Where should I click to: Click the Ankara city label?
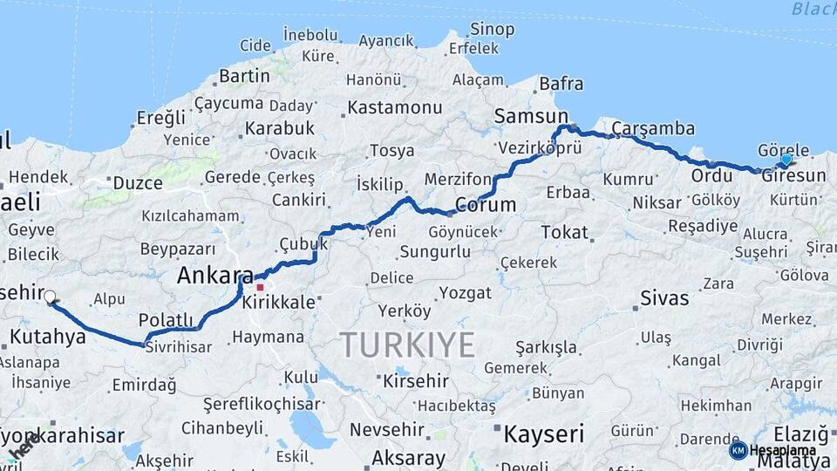coord(214,276)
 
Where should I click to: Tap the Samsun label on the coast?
coord(530,116)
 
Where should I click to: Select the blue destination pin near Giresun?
coord(786,160)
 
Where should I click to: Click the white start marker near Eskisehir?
coord(50,297)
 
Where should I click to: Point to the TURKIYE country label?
coord(407,345)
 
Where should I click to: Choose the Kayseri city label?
coord(542,433)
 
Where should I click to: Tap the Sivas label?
coord(663,298)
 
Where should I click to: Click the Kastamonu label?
coord(394,108)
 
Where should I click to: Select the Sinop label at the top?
coord(492,30)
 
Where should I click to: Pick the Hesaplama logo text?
coord(783,451)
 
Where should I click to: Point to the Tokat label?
coord(565,232)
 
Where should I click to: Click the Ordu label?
coord(711,176)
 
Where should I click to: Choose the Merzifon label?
coord(458,179)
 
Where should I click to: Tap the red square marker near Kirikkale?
coord(259,286)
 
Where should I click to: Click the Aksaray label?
coord(408,457)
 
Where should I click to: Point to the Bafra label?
coord(561,85)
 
